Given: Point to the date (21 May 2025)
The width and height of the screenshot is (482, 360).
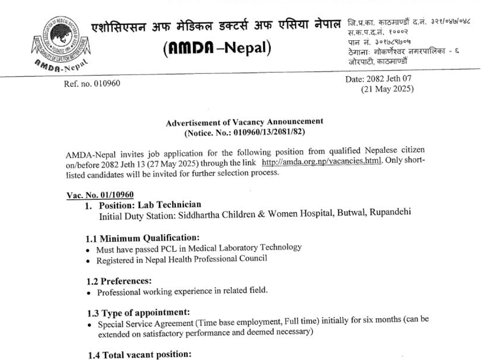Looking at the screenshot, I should (387, 89).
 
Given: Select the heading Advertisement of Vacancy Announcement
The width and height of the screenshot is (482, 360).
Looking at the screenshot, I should (244, 122).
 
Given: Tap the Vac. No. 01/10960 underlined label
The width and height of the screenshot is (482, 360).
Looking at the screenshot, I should (100, 195).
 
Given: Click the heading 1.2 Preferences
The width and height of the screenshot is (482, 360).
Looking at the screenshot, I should (119, 281).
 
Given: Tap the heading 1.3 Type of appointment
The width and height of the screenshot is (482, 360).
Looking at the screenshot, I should (138, 313).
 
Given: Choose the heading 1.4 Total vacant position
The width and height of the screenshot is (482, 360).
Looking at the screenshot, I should (139, 355).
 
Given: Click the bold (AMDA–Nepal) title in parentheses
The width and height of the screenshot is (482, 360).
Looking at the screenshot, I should (218, 48).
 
